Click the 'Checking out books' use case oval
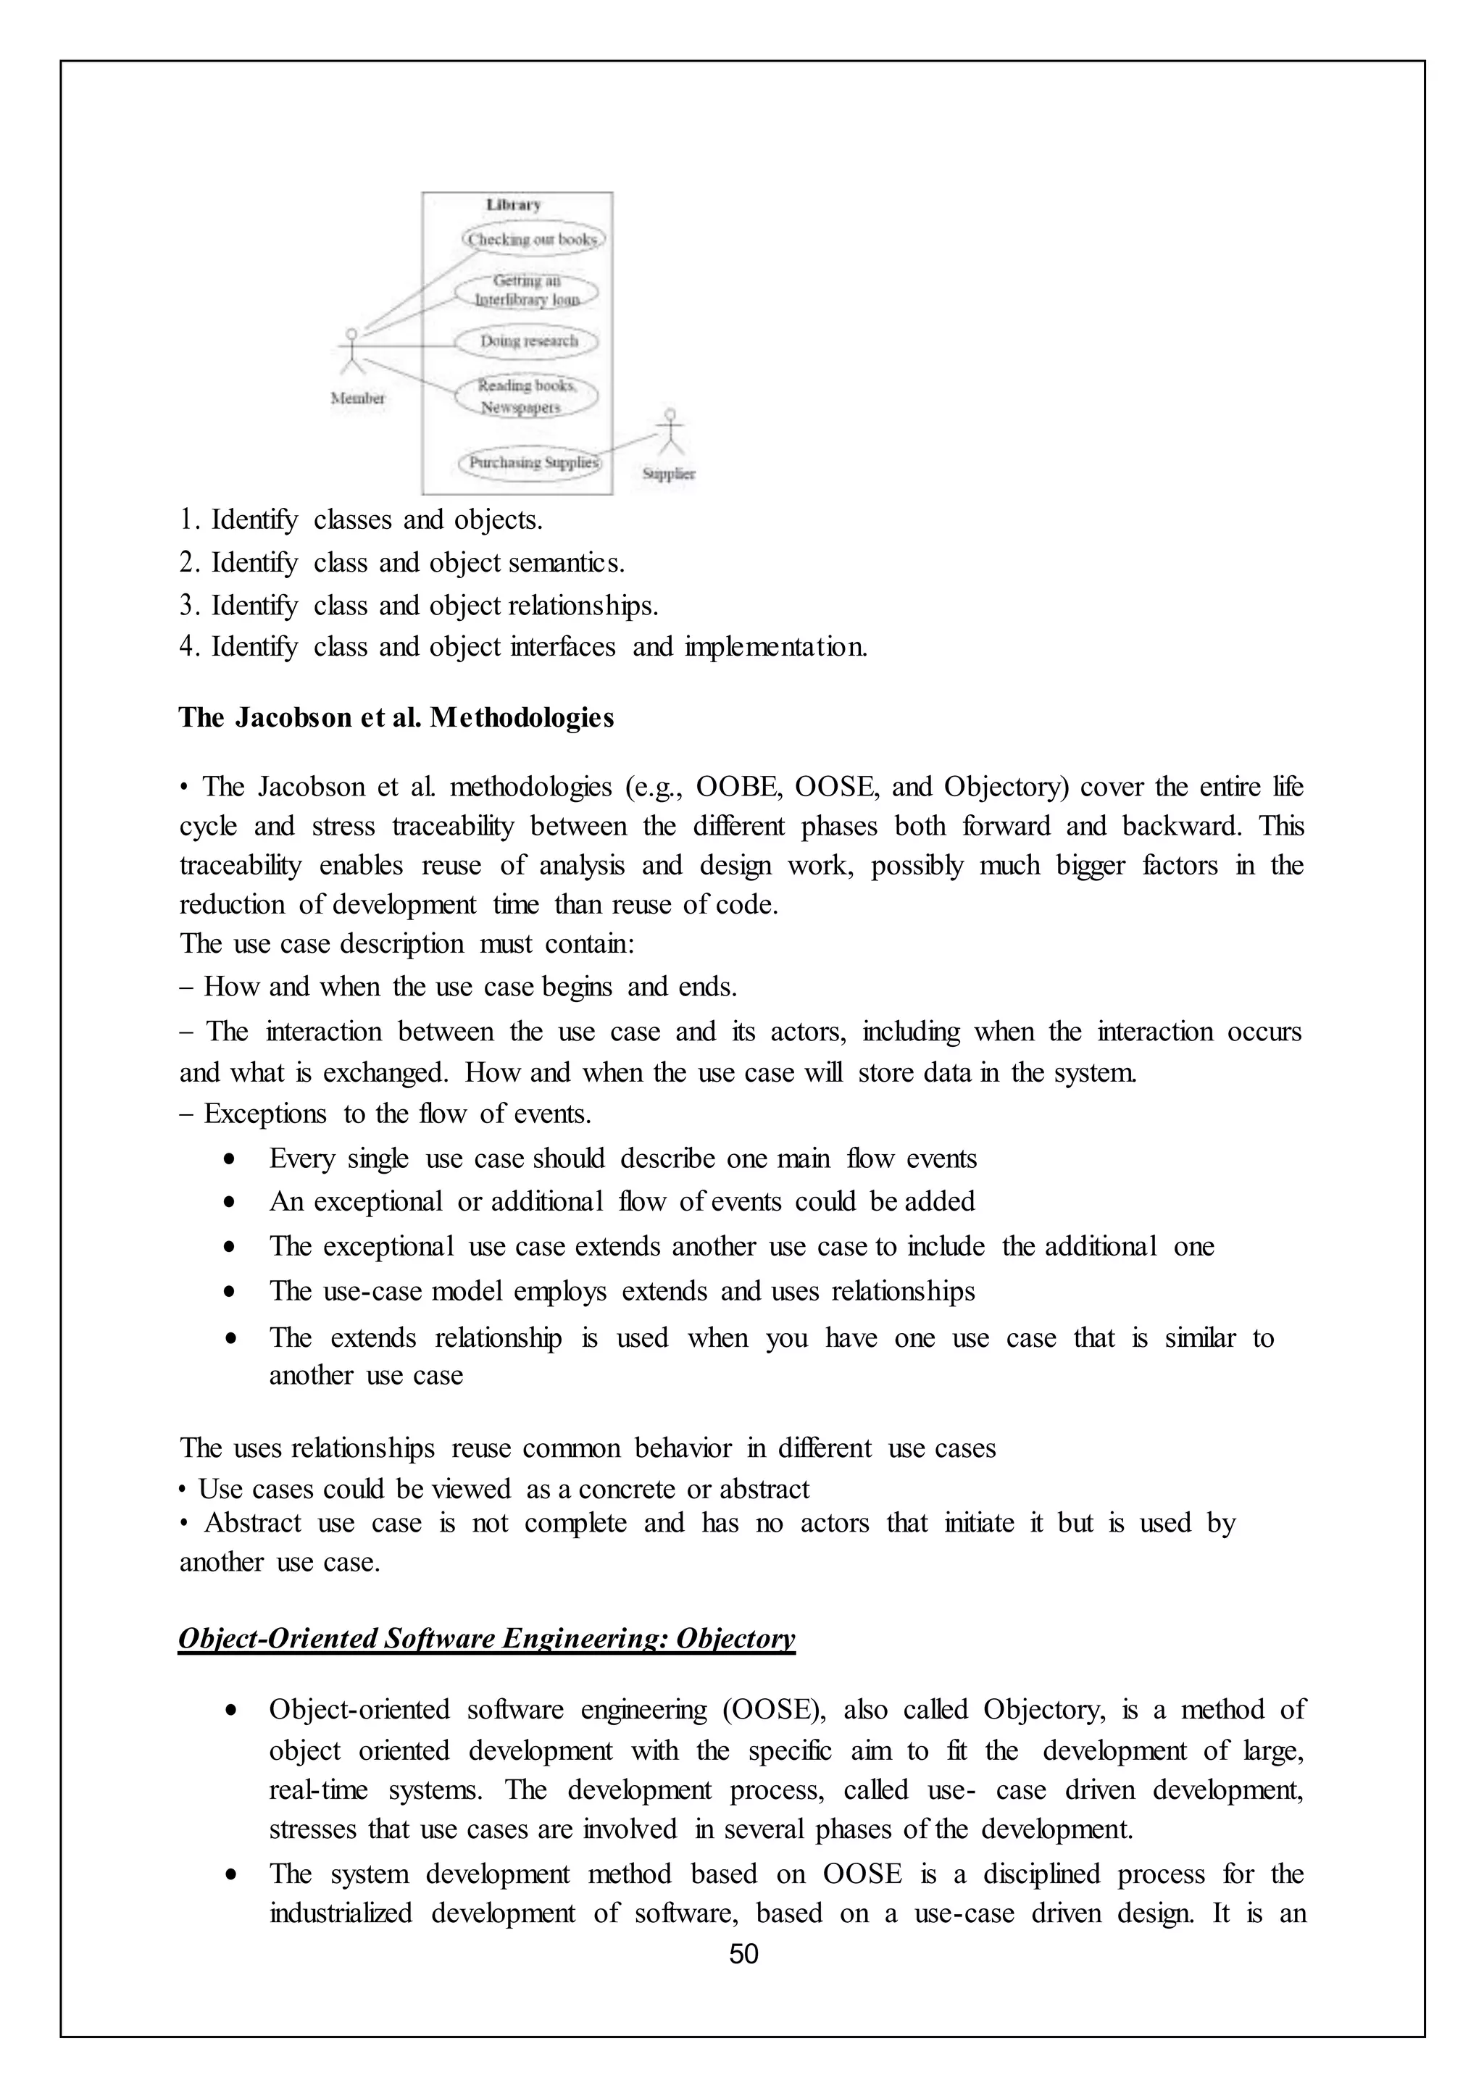tap(532, 239)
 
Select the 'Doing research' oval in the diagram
tap(528, 342)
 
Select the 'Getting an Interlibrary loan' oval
tap(528, 291)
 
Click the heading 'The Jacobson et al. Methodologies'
tap(396, 718)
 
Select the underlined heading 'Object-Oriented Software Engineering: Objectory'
tap(486, 1638)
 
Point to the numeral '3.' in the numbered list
tap(189, 606)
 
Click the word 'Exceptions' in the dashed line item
tap(265, 1114)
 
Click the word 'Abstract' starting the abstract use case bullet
tap(252, 1523)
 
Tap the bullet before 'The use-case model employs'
tap(231, 1293)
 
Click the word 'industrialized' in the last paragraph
tap(340, 1913)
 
